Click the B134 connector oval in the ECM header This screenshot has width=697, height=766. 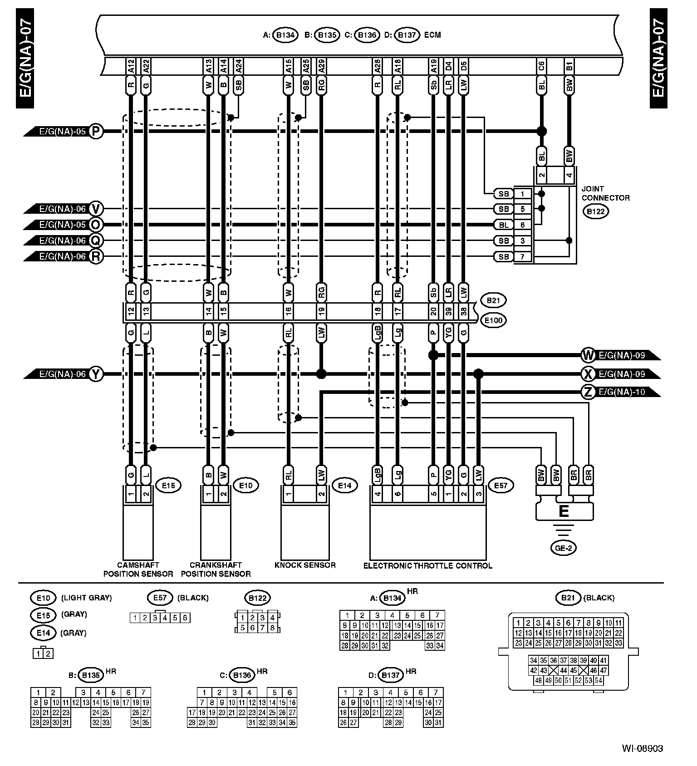[285, 35]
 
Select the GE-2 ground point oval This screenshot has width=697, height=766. [563, 548]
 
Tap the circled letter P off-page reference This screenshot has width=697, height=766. [96, 132]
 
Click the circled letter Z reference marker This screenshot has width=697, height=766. [588, 392]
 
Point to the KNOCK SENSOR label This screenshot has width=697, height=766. [305, 565]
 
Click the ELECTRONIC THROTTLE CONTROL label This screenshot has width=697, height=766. [427, 565]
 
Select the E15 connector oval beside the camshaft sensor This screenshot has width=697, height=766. [168, 486]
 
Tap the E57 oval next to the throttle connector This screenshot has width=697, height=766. [501, 486]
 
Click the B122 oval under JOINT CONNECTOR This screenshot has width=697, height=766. [595, 211]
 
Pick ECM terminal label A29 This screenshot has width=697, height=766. [321, 66]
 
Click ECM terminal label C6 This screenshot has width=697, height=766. [541, 66]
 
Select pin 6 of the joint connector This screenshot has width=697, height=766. [523, 225]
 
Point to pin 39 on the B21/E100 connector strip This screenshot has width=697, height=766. [448, 312]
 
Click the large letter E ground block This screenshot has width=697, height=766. [564, 511]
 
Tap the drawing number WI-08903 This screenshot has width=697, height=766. [643, 748]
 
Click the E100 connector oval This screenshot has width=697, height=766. [493, 320]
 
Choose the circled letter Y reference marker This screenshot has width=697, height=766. [96, 374]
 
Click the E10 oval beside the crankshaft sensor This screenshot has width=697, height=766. [245, 486]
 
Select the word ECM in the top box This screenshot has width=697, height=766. [432, 35]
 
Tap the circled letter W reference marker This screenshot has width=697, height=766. [588, 355]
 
